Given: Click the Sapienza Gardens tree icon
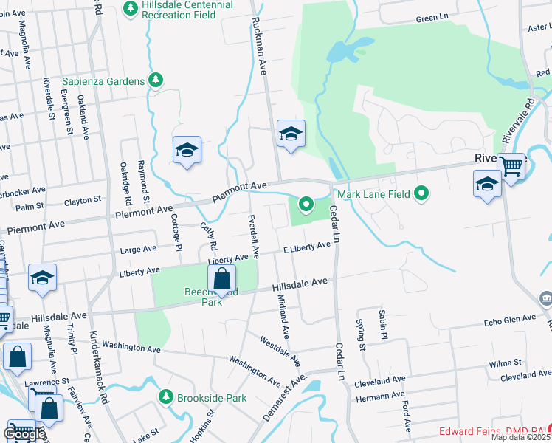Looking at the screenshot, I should (x=155, y=80).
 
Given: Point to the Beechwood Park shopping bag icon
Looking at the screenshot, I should (x=221, y=279).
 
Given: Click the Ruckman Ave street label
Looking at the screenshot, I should (x=259, y=47).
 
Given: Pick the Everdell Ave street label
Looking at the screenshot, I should (x=254, y=236).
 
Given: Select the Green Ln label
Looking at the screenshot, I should (x=432, y=19).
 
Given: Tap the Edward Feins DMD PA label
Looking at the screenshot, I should (x=491, y=431).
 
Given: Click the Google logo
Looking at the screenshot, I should (x=24, y=434).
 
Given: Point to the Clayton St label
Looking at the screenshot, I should (x=82, y=200).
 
